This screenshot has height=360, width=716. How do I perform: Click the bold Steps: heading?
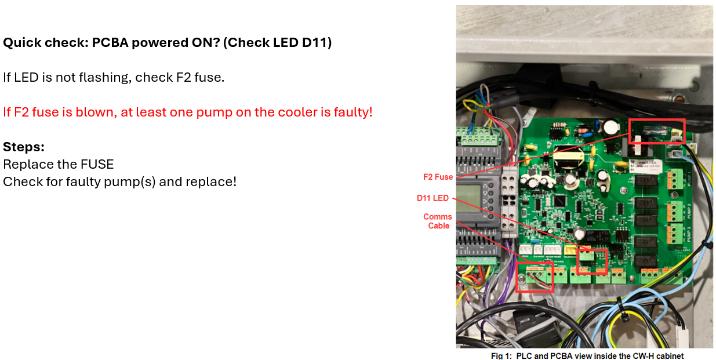(24, 147)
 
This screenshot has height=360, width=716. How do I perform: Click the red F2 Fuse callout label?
(438, 177)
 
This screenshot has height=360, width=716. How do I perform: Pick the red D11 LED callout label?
(432, 198)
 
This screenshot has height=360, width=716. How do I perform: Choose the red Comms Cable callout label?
(438, 221)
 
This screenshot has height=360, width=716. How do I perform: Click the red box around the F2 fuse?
(657, 131)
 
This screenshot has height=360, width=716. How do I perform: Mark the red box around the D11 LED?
(592, 261)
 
